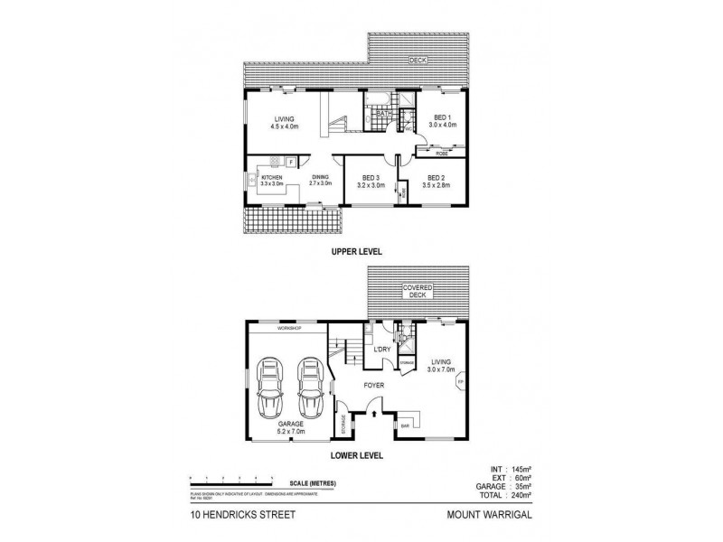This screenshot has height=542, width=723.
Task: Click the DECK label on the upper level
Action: (417, 61)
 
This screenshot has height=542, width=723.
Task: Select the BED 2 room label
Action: (437, 178)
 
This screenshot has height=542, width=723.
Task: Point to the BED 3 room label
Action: (371, 178)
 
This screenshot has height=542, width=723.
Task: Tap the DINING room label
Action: (321, 178)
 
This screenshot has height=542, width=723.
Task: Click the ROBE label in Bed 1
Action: (441, 154)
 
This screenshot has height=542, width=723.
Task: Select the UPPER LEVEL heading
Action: (358, 254)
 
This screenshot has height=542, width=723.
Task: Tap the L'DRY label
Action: (381, 349)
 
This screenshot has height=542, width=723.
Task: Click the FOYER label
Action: (374, 386)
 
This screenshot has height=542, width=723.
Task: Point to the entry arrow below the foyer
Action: (374, 414)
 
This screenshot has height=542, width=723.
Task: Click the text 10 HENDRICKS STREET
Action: (230, 516)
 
